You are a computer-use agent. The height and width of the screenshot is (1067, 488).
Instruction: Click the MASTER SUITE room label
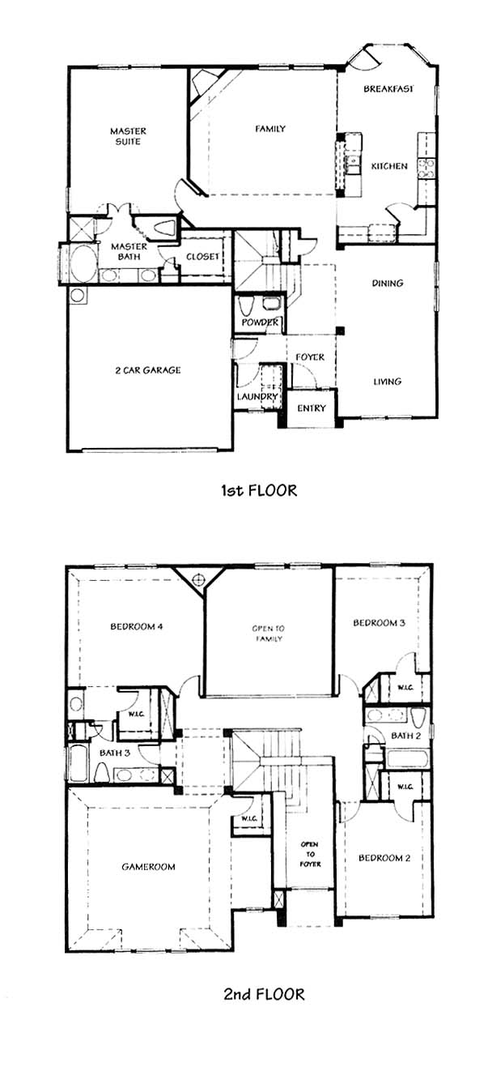click(x=128, y=136)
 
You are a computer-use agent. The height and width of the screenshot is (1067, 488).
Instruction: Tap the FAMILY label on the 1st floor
click(x=270, y=129)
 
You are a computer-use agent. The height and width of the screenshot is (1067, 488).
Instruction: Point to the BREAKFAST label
click(x=388, y=88)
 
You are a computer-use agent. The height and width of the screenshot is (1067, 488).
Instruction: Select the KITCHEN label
click(x=389, y=166)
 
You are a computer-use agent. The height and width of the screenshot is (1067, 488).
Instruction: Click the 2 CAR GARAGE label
click(x=148, y=370)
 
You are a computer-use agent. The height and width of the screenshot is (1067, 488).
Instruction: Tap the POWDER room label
click(x=260, y=322)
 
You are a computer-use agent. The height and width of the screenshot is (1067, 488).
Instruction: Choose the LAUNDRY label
click(x=257, y=396)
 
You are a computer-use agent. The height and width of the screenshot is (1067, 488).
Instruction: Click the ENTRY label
click(x=312, y=408)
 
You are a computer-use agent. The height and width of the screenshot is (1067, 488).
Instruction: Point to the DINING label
click(x=388, y=283)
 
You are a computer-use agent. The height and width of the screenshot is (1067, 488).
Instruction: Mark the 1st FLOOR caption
click(x=259, y=490)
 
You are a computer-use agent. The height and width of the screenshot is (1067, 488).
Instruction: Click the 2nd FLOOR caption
click(x=264, y=994)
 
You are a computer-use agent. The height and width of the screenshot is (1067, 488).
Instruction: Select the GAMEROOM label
click(x=148, y=867)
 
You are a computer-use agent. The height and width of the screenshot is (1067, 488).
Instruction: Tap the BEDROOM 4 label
click(x=137, y=626)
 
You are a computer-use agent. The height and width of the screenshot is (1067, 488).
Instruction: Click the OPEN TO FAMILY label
click(x=269, y=634)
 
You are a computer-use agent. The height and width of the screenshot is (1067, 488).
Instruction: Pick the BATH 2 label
click(x=405, y=736)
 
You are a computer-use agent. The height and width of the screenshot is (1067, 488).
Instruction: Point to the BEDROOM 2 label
click(x=384, y=858)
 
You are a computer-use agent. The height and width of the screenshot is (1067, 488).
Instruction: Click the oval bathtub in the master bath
click(x=83, y=263)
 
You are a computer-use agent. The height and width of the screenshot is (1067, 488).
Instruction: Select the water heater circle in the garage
click(x=78, y=296)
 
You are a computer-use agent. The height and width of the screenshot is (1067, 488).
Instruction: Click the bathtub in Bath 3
click(x=79, y=763)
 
